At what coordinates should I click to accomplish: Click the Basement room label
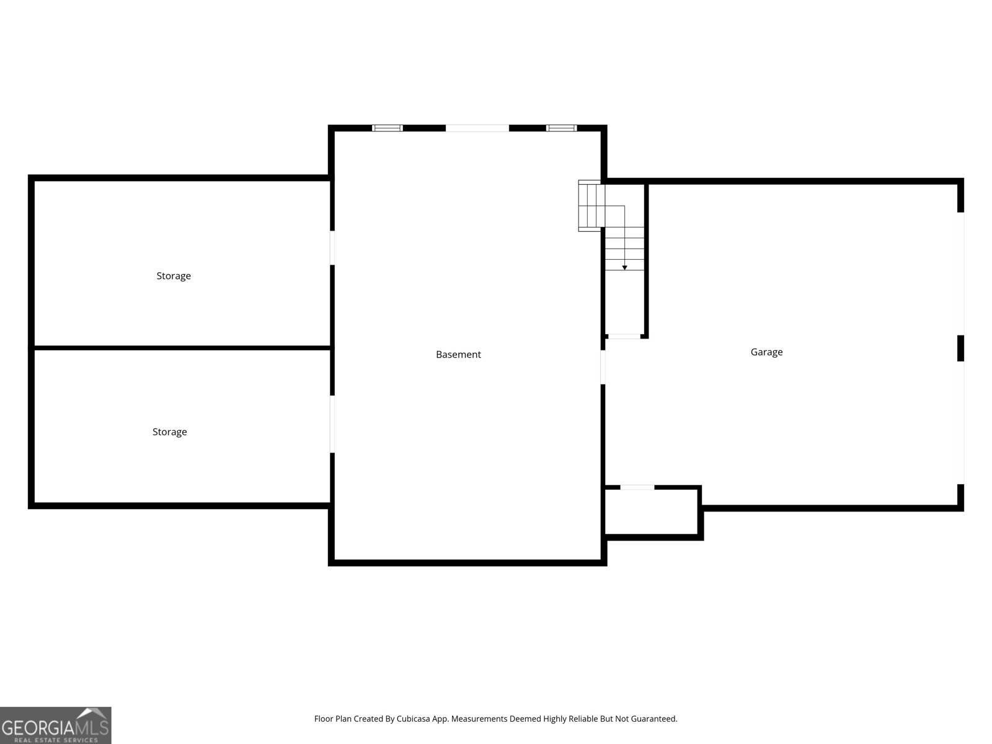pos(458,355)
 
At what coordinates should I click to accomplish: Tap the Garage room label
pos(766,352)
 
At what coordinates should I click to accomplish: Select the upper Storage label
pos(174,276)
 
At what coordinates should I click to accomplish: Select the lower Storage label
pos(169,432)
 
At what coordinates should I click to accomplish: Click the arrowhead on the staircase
pos(624,267)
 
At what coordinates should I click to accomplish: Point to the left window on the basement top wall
pos(387,128)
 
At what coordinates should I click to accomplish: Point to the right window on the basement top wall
pos(561,128)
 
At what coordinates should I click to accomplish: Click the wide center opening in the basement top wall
pos(477,128)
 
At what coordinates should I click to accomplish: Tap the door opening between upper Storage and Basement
pos(332,248)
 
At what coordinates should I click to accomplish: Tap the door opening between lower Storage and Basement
pos(332,424)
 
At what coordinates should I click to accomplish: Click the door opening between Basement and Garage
pos(603,367)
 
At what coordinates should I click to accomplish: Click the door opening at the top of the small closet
pos(637,487)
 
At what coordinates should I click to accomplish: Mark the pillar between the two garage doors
pos(961,348)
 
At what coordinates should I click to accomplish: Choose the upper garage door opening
pos(963,273)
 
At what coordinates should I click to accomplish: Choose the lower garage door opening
pos(963,422)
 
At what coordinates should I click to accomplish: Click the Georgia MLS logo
pos(56,725)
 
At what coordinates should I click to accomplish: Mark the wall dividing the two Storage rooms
pos(182,348)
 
